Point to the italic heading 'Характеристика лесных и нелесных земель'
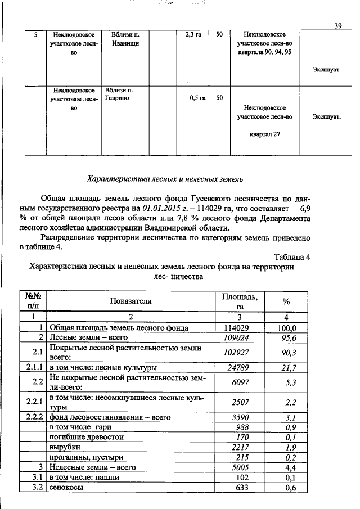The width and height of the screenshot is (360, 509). [x=165, y=179]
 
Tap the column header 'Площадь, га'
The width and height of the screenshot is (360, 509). [x=240, y=301]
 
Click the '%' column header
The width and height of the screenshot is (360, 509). [x=286, y=301]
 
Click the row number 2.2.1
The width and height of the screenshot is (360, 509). [x=34, y=402]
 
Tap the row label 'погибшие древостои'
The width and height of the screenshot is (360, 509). [x=87, y=436]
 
